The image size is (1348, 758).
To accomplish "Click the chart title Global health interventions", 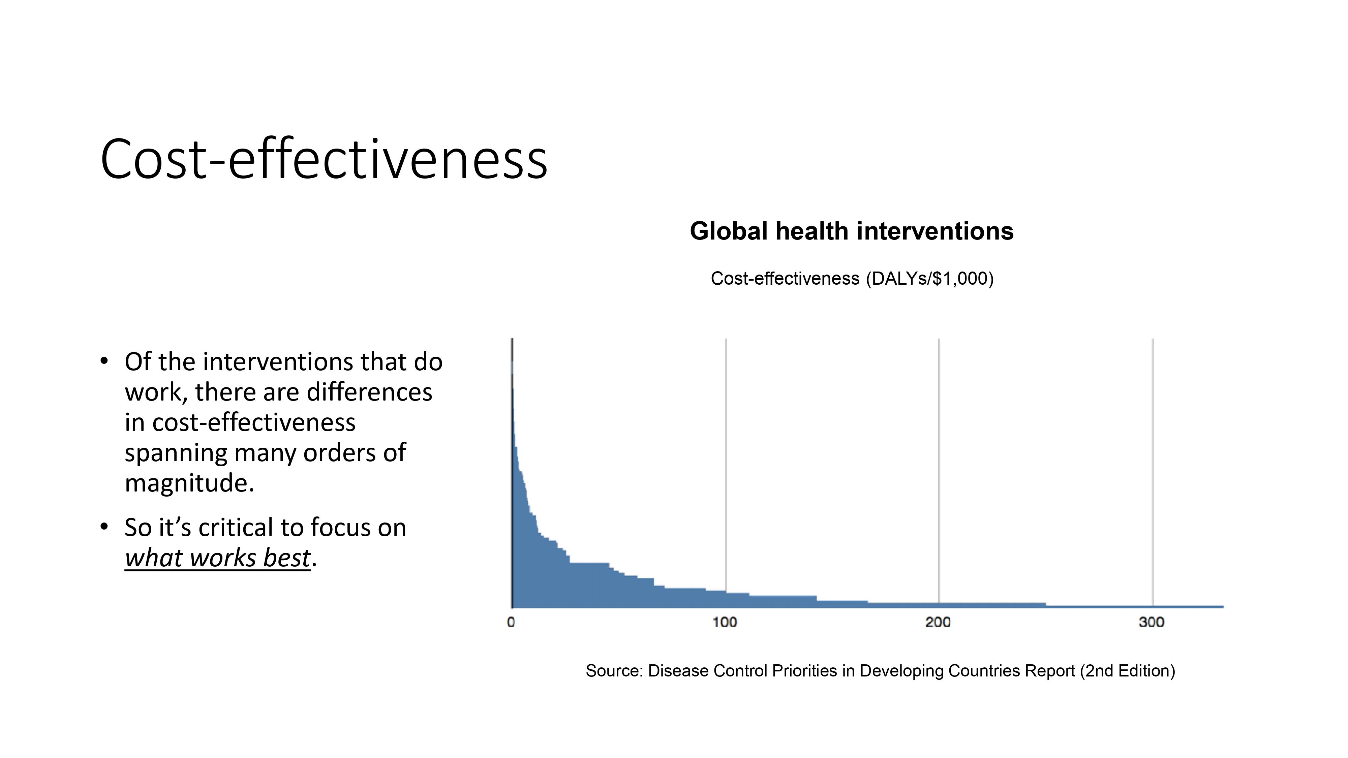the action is point(851,231).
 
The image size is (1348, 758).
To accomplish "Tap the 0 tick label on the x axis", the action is point(511,622).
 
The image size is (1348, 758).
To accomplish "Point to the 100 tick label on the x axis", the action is point(725,622).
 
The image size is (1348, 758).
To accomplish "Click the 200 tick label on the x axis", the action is point(938,622).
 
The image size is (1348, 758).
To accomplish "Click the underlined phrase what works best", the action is point(218,558).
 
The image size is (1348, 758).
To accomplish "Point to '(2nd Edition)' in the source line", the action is point(1127,671).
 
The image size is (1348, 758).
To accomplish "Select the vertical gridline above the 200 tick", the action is point(939,471).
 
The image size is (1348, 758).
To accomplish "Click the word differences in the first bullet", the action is point(369,392).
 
